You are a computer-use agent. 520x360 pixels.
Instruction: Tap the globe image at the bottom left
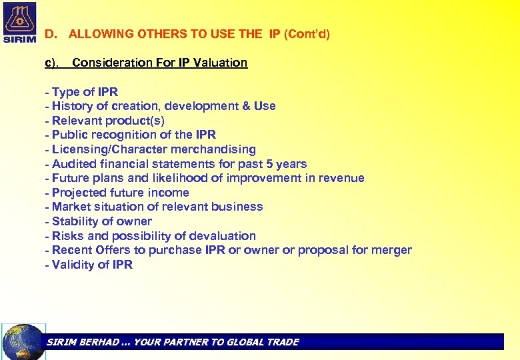click(x=24, y=341)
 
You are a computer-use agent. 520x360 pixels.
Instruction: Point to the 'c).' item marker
click(x=52, y=63)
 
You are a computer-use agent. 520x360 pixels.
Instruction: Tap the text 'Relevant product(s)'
click(x=108, y=121)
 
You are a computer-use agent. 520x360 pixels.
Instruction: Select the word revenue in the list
click(x=341, y=178)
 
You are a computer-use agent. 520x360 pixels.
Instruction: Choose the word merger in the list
click(x=393, y=250)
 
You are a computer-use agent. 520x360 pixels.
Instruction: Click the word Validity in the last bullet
click(x=73, y=265)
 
